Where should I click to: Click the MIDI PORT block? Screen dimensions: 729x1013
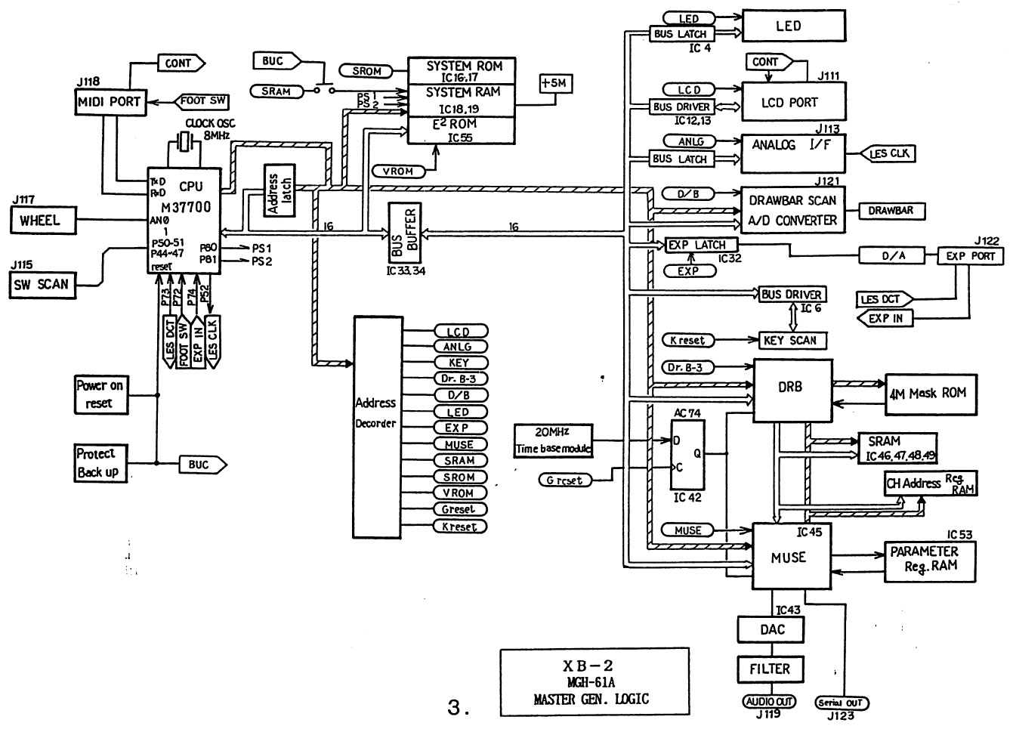coord(110,102)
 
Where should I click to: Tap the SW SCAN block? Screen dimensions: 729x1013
coord(43,285)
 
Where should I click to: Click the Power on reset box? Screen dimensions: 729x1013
coord(101,394)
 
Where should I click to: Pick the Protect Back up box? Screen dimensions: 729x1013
coord(98,463)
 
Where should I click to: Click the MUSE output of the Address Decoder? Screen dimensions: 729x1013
coord(460,444)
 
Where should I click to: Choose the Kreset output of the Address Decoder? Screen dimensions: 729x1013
coord(460,527)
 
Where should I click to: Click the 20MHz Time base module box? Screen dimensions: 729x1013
coord(553,440)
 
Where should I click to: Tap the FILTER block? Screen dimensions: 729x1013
coord(770,669)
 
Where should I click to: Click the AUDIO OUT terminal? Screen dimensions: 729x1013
coord(770,702)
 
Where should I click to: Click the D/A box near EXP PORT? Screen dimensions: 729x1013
coord(894,256)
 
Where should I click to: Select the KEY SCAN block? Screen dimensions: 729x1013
coord(790,341)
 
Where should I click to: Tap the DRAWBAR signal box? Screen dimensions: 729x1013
coord(891,211)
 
